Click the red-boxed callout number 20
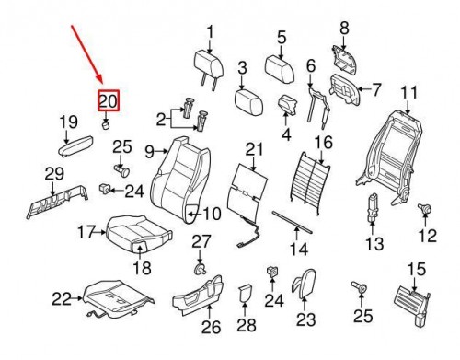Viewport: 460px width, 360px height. (x=109, y=100)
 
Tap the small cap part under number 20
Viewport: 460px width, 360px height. (x=106, y=125)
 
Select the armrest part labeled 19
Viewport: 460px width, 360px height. (x=75, y=145)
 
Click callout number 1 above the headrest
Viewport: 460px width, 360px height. (x=210, y=32)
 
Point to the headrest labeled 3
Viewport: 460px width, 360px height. (x=248, y=102)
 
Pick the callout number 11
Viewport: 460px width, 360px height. (x=409, y=92)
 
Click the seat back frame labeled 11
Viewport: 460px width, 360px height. (x=389, y=157)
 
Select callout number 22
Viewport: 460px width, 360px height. (x=62, y=298)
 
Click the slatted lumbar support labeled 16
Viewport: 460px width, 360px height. (x=310, y=181)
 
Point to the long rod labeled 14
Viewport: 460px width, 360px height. (x=293, y=222)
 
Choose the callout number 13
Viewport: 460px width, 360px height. (x=374, y=244)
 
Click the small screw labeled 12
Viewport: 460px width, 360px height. (x=425, y=209)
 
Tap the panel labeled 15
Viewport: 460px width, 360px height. (x=412, y=305)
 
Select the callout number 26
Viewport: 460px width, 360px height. (x=211, y=327)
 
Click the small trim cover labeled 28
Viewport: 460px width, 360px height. (x=245, y=294)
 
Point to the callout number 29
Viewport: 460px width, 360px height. (x=54, y=174)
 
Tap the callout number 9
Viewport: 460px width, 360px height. (x=149, y=152)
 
